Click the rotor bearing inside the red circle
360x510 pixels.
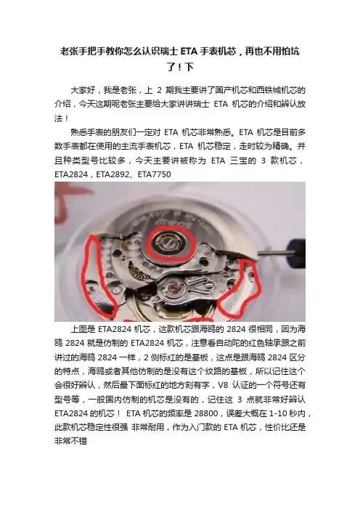pos(171,244)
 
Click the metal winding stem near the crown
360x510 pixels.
pos(273,252)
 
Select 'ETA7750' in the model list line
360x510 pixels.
pos(155,174)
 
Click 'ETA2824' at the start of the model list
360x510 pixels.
pos(71,174)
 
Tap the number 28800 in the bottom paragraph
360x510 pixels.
pos(206,413)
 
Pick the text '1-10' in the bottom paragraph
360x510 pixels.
pos(279,413)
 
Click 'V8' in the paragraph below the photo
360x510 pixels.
pos(223,386)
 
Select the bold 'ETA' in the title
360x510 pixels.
pos(189,52)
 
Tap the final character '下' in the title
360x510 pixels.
pos(189,67)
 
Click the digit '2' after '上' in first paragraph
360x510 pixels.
pos(159,90)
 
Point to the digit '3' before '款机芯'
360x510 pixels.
pos(263,161)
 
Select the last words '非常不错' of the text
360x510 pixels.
pos(71,442)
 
